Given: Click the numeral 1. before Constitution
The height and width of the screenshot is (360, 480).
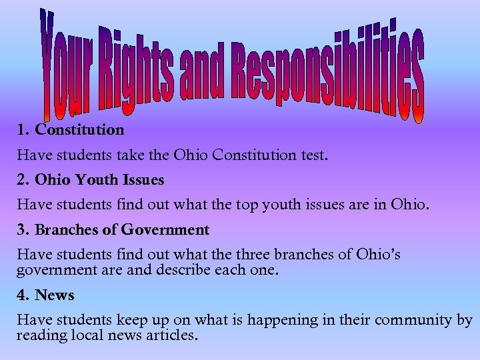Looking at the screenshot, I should (x=24, y=129).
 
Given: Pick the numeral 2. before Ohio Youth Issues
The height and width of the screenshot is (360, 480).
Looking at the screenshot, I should (x=24, y=180).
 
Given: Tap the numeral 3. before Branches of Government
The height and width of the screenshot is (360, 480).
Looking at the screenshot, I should (x=24, y=230).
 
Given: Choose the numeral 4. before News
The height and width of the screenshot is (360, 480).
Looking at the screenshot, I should (x=24, y=295).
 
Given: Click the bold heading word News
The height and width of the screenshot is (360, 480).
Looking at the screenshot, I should (x=55, y=295).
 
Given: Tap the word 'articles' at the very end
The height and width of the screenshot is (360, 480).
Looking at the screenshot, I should (x=172, y=335).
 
